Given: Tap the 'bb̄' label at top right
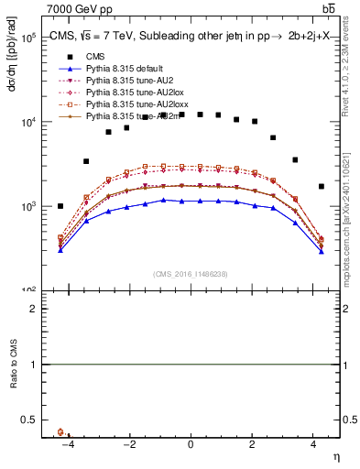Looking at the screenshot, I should [x=328, y=8].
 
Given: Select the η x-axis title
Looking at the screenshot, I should [x=335, y=456].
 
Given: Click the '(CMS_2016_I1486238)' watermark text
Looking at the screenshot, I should [x=191, y=274].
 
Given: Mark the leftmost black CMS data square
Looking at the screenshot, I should [x=60, y=206].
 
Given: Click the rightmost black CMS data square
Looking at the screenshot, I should [x=321, y=186].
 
